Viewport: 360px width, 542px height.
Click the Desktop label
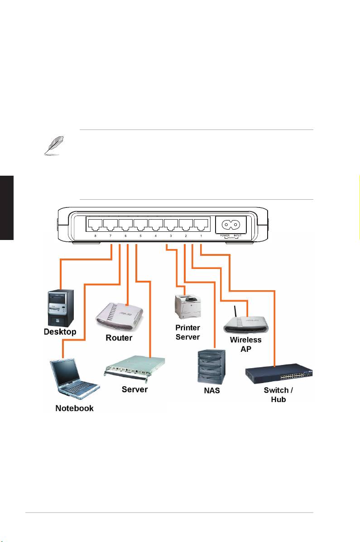[x=60, y=332]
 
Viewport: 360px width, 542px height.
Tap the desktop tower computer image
[x=61, y=307]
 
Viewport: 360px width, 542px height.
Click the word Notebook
[x=74, y=408]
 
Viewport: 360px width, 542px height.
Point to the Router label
[x=119, y=338]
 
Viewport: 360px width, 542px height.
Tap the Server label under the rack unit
[x=134, y=389]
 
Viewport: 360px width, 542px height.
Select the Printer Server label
[x=188, y=332]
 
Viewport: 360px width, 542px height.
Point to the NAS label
[x=211, y=390]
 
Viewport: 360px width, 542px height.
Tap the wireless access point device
[x=245, y=323]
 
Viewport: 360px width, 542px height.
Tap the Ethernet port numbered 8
[x=95, y=225]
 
